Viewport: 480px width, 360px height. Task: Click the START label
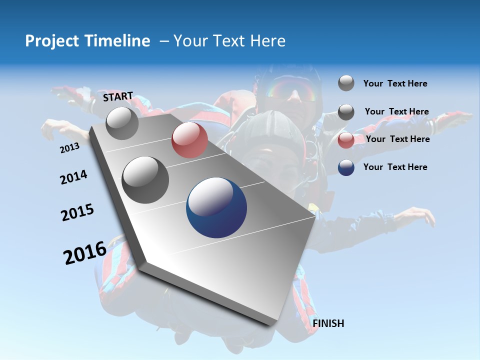[x=118, y=96]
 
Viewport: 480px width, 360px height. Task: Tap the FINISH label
[x=328, y=323]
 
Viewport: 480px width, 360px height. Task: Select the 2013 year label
[x=69, y=148]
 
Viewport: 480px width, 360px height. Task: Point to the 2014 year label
[x=73, y=177]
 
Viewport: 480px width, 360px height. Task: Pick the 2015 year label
[x=77, y=212]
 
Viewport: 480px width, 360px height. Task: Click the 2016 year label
[x=85, y=253]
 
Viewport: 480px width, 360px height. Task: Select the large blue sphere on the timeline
[x=216, y=208]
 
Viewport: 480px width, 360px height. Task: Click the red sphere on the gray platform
[x=189, y=140]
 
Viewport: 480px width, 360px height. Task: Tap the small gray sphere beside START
[x=122, y=123]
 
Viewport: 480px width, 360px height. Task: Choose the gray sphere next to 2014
[x=145, y=180]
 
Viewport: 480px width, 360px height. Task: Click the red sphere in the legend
[x=346, y=140]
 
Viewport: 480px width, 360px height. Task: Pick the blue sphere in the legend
[x=346, y=167]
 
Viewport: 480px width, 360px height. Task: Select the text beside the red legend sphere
[x=397, y=139]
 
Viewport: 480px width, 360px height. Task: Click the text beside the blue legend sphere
[x=395, y=167]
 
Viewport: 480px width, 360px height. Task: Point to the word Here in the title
[x=267, y=41]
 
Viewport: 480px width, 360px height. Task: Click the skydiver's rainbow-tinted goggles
[x=291, y=90]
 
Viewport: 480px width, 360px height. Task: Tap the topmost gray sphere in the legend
[x=346, y=83]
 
